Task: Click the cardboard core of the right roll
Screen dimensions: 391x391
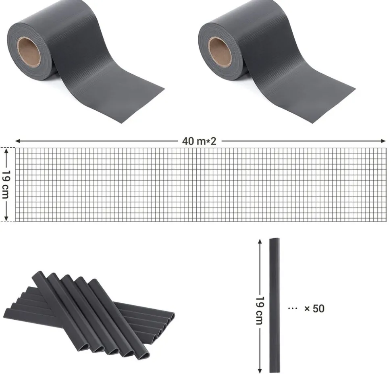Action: [x=220, y=51]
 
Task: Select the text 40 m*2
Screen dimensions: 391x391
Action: [x=199, y=141]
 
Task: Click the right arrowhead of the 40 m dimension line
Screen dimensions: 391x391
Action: [x=384, y=141]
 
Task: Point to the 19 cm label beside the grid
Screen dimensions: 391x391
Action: [x=6, y=184]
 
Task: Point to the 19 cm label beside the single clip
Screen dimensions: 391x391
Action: [x=260, y=311]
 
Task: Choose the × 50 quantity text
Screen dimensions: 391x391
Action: [x=314, y=308]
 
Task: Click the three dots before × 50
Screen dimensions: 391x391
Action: [x=293, y=308]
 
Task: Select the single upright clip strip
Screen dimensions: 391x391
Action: [x=275, y=305]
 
